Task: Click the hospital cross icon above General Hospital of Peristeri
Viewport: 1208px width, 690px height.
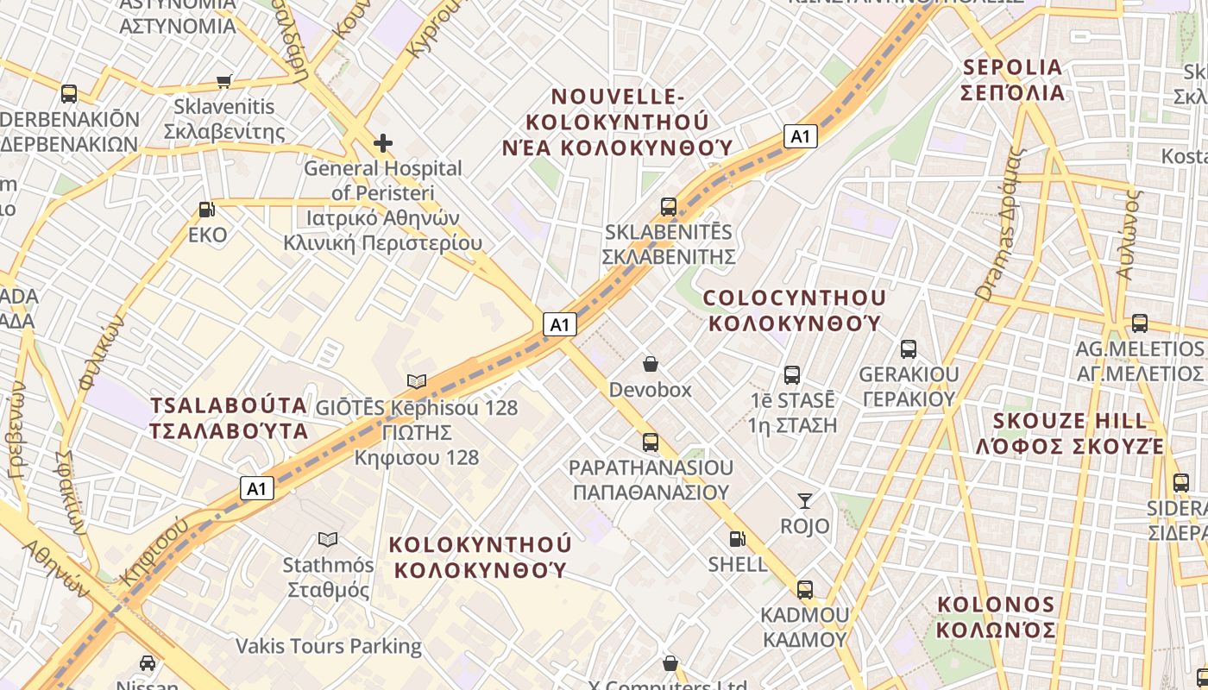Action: [x=383, y=142]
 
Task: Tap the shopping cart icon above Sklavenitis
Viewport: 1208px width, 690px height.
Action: [x=224, y=82]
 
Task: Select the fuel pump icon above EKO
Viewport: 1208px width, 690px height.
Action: [x=207, y=210]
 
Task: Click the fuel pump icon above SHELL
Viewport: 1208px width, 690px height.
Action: [x=737, y=539]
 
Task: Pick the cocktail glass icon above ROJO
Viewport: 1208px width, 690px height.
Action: [x=805, y=501]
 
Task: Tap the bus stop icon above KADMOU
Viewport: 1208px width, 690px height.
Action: [x=805, y=590]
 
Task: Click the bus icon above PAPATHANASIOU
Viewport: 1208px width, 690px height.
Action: [x=651, y=442]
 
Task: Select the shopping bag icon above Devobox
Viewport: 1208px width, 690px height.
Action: [x=651, y=365]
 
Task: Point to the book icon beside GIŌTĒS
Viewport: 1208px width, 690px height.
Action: [x=417, y=381]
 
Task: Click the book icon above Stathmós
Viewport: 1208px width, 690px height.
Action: [x=328, y=540]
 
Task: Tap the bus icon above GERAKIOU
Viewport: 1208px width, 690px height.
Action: [x=909, y=349]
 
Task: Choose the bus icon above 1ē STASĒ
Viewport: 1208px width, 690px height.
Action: [x=792, y=375]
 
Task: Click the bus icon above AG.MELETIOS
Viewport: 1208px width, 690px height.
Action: [x=1140, y=323]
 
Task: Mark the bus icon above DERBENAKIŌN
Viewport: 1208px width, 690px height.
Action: [x=69, y=94]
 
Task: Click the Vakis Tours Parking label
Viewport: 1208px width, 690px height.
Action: [x=329, y=646]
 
